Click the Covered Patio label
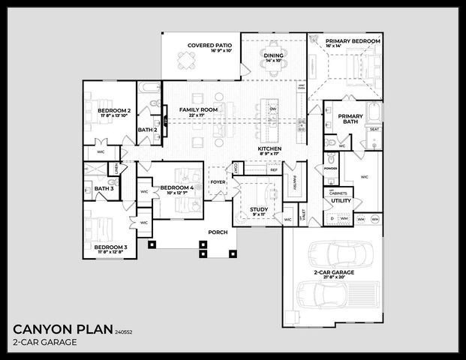pyautogui.click(x=210, y=46)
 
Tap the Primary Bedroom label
pyautogui.click(x=353, y=40)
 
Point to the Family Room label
pyautogui.click(x=198, y=110)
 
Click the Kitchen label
pyautogui.click(x=269, y=149)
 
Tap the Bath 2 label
pyautogui.click(x=147, y=130)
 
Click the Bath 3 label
pyautogui.click(x=104, y=188)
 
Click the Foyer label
pyautogui.click(x=218, y=181)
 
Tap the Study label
pyautogui.click(x=259, y=209)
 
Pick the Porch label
pyautogui.click(x=218, y=232)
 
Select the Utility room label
pyautogui.click(x=341, y=201)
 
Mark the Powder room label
pyautogui.click(x=330, y=169)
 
